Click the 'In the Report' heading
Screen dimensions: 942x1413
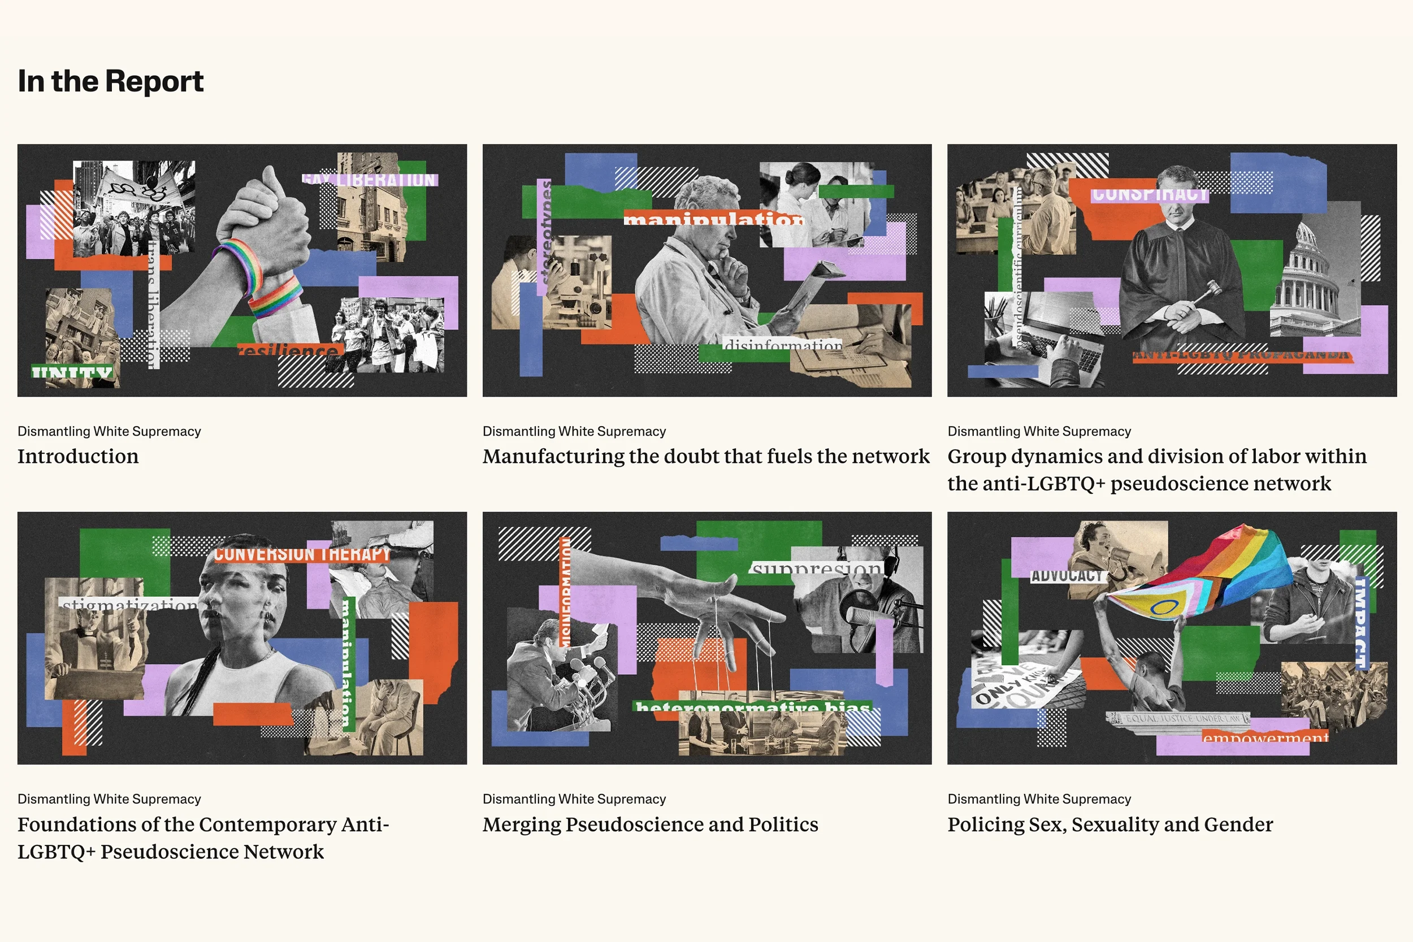(x=111, y=81)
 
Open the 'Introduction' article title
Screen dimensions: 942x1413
(x=78, y=457)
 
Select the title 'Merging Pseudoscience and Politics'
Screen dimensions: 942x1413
(x=650, y=824)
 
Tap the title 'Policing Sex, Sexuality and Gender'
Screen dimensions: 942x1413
(x=1109, y=824)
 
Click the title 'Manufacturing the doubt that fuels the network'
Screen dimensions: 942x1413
(x=706, y=457)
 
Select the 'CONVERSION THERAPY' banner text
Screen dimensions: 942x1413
(x=302, y=554)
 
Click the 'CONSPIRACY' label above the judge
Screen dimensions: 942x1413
(x=1148, y=194)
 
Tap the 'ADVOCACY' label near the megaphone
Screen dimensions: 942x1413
(x=1067, y=575)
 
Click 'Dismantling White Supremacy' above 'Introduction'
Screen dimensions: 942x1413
(x=109, y=431)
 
